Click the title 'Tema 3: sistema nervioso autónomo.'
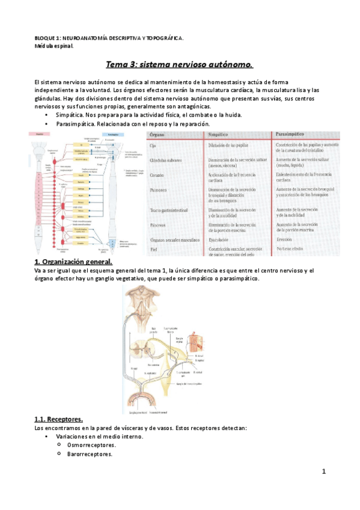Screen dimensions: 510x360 [x=180, y=64]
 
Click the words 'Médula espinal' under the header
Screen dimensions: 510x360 [x=53, y=46]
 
